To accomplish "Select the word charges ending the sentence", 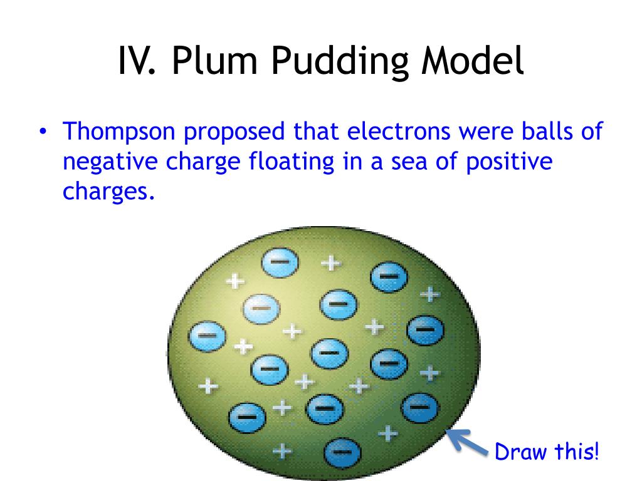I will point(108,192).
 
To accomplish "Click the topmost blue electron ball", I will point(280,263).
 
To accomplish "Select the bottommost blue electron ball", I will point(342,451).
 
